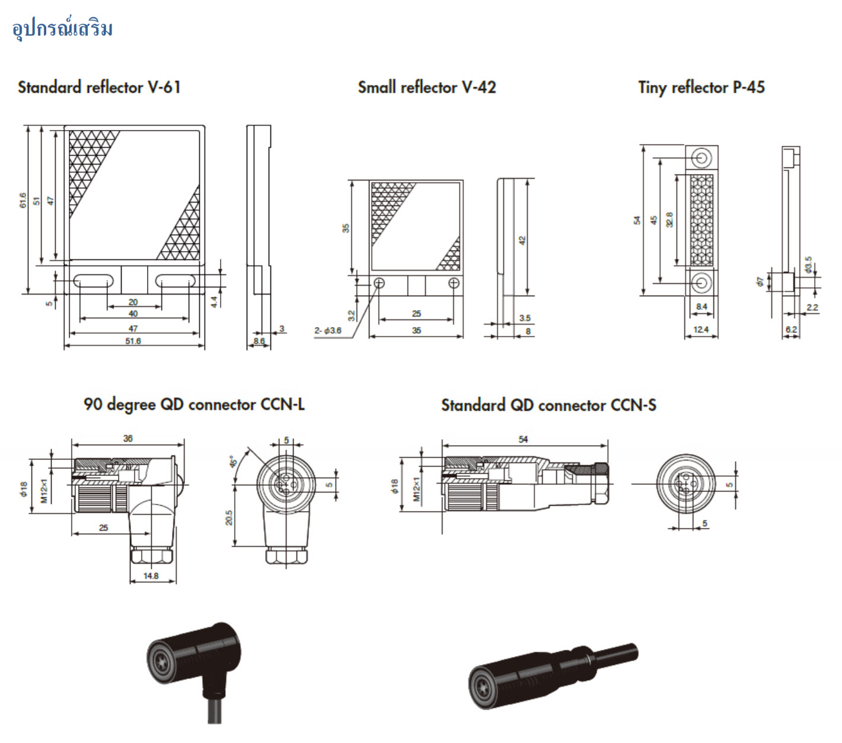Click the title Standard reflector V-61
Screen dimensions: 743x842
[99, 87]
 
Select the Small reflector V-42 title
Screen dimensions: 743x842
[426, 87]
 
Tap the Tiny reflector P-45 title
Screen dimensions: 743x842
[701, 87]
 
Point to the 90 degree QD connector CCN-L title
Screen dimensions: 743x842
[194, 405]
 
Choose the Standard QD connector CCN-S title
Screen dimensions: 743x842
[548, 405]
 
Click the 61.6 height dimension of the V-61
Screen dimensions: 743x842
[23, 201]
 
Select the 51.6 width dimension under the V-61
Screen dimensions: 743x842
[133, 341]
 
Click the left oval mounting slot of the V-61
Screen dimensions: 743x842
[93, 280]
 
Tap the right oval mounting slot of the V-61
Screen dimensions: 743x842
[176, 280]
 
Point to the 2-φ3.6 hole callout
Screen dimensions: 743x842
[328, 331]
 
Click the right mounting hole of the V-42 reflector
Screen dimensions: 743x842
[454, 283]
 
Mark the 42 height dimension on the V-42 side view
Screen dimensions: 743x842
[522, 241]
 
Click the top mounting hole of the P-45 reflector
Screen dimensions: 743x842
[701, 158]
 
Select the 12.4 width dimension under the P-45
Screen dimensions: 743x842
[701, 330]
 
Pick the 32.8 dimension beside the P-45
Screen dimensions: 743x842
[669, 220]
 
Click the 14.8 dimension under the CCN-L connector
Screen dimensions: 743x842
[151, 576]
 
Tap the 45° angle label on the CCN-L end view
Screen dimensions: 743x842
[233, 461]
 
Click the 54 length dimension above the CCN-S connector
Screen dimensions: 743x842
[523, 439]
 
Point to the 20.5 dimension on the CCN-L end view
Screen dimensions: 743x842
[229, 517]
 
